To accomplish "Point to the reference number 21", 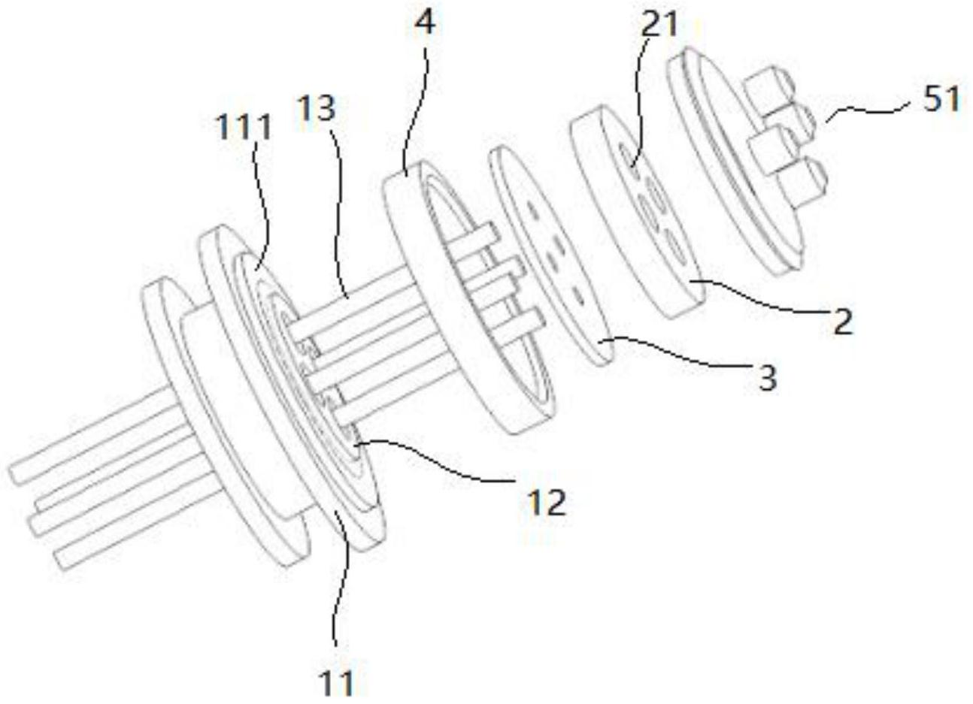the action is click(659, 25).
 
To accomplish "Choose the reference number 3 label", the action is click(766, 378).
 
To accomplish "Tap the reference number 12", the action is click(547, 502).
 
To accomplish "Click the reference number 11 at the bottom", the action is click(335, 684).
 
